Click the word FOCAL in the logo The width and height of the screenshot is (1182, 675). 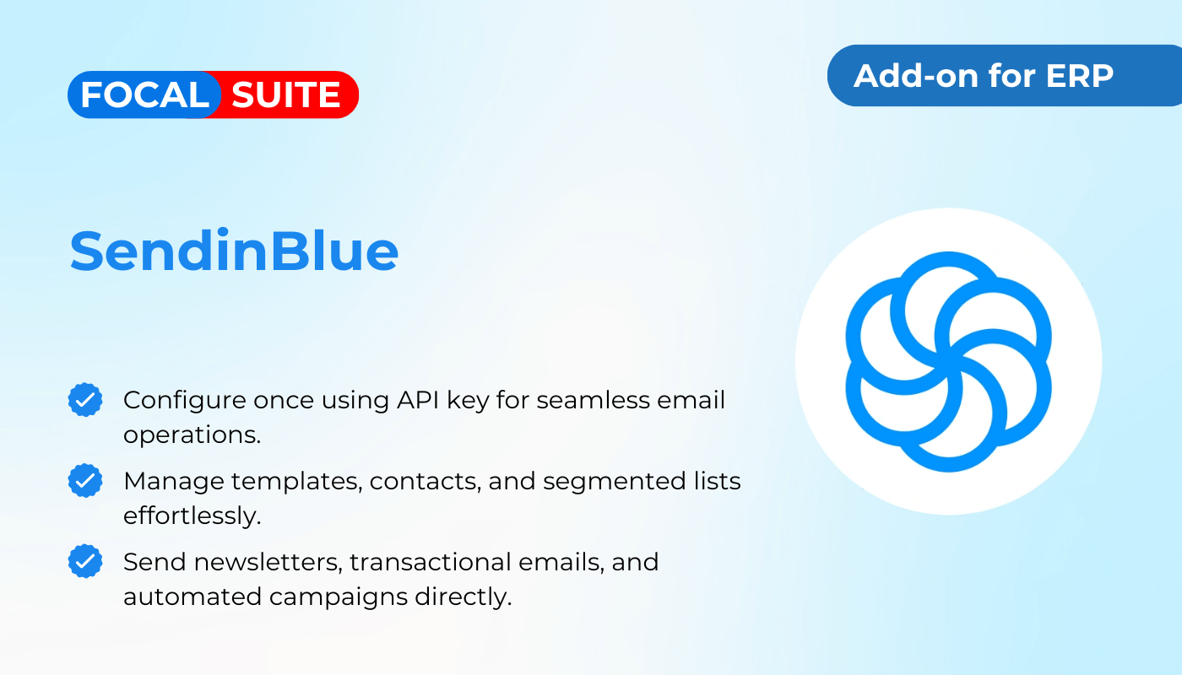click(144, 94)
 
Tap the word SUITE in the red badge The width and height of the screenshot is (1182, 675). click(286, 94)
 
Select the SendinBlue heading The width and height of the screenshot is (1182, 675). click(234, 251)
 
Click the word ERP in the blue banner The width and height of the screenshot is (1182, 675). click(1080, 76)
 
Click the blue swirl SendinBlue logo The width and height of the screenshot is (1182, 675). click(948, 362)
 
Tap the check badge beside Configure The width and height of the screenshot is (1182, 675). click(85, 400)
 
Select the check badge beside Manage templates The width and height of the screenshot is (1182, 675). click(85, 480)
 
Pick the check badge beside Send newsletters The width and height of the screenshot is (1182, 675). click(85, 561)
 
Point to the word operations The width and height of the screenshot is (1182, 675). click(192, 435)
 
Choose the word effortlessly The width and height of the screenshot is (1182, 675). click(192, 516)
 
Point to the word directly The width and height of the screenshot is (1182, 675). click(464, 597)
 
